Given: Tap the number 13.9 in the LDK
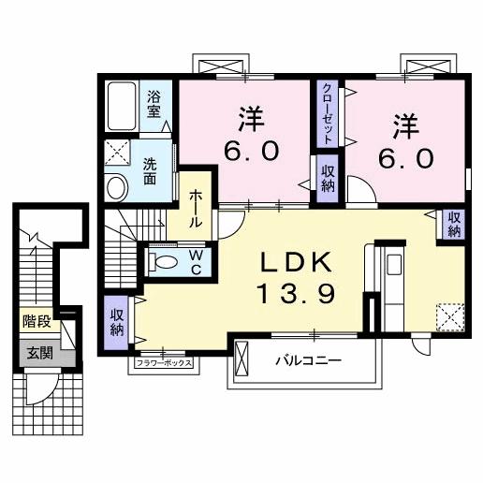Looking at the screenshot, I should [x=291, y=295].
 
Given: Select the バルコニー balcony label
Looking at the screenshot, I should [x=308, y=359].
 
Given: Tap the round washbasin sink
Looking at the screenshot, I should [x=117, y=187].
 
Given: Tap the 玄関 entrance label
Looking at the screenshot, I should [x=39, y=353].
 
